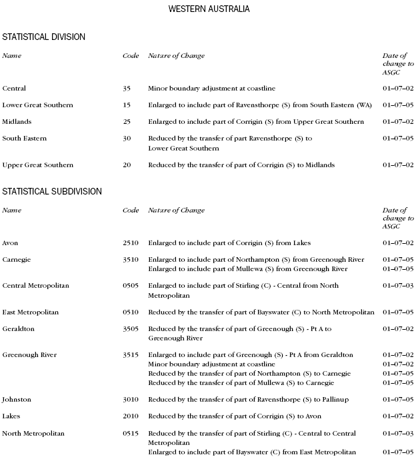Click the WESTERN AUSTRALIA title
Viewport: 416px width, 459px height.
tap(209, 9)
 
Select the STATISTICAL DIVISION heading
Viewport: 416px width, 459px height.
tap(43, 37)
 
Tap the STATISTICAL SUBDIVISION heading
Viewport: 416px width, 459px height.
tap(52, 191)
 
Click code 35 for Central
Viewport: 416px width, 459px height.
tap(127, 88)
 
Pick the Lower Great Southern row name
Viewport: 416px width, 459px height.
tap(38, 105)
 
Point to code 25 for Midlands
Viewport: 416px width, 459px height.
tap(127, 121)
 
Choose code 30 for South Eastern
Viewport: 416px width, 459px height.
tap(127, 138)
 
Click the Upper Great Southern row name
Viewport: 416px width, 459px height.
tap(38, 165)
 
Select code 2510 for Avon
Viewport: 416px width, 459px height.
tap(131, 242)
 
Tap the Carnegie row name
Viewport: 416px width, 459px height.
tap(17, 259)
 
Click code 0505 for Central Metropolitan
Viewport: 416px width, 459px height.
tap(131, 285)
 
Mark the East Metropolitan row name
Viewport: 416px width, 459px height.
tap(31, 312)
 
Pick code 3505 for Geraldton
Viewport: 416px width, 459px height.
tap(131, 328)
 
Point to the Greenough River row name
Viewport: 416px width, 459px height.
tap(29, 354)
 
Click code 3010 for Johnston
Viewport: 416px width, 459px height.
tap(131, 399)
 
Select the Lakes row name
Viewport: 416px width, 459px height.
tap(11, 416)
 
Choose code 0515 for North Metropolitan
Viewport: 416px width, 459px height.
tap(131, 433)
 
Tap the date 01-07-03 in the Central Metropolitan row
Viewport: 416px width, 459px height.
tap(398, 285)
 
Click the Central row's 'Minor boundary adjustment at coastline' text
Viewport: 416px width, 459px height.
tap(211, 88)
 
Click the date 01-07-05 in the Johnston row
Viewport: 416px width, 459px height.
tap(398, 399)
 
